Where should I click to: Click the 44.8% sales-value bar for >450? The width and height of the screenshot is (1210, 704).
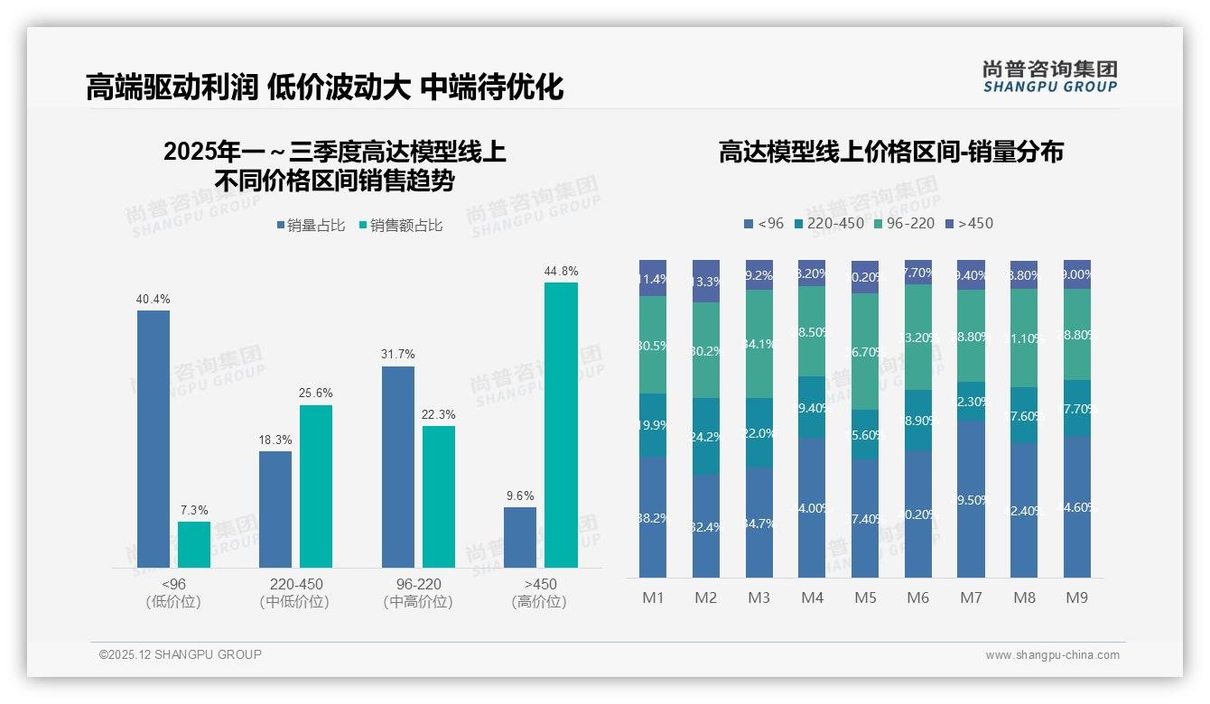pyautogui.click(x=561, y=424)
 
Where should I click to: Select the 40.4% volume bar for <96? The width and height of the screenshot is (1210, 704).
pyautogui.click(x=154, y=439)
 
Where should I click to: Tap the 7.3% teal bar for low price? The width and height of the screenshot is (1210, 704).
pyautogui.click(x=194, y=544)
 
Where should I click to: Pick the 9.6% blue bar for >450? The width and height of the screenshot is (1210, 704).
pyautogui.click(x=520, y=537)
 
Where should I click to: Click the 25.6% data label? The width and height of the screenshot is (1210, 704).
pyautogui.click(x=316, y=393)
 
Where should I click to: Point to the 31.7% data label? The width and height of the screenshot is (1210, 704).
pyautogui.click(x=398, y=354)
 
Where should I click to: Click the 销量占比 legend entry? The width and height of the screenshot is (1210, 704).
pyautogui.click(x=311, y=226)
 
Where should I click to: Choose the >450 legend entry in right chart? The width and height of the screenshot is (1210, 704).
pyautogui.click(x=969, y=223)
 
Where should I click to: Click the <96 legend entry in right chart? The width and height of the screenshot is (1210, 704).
pyautogui.click(x=764, y=223)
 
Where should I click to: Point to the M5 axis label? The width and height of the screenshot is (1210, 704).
pyautogui.click(x=865, y=597)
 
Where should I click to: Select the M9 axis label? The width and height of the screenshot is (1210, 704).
pyautogui.click(x=1076, y=597)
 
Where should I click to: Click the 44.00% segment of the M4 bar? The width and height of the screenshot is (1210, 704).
pyautogui.click(x=812, y=507)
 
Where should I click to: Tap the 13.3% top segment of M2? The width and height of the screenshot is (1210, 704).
pyautogui.click(x=706, y=281)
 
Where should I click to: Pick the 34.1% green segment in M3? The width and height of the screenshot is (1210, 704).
pyautogui.click(x=759, y=343)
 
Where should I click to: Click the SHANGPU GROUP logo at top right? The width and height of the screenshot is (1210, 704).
pyautogui.click(x=1049, y=77)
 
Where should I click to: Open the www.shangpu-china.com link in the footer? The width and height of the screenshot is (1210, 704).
pyautogui.click(x=1052, y=655)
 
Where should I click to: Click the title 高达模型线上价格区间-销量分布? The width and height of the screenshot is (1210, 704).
pyautogui.click(x=890, y=152)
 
